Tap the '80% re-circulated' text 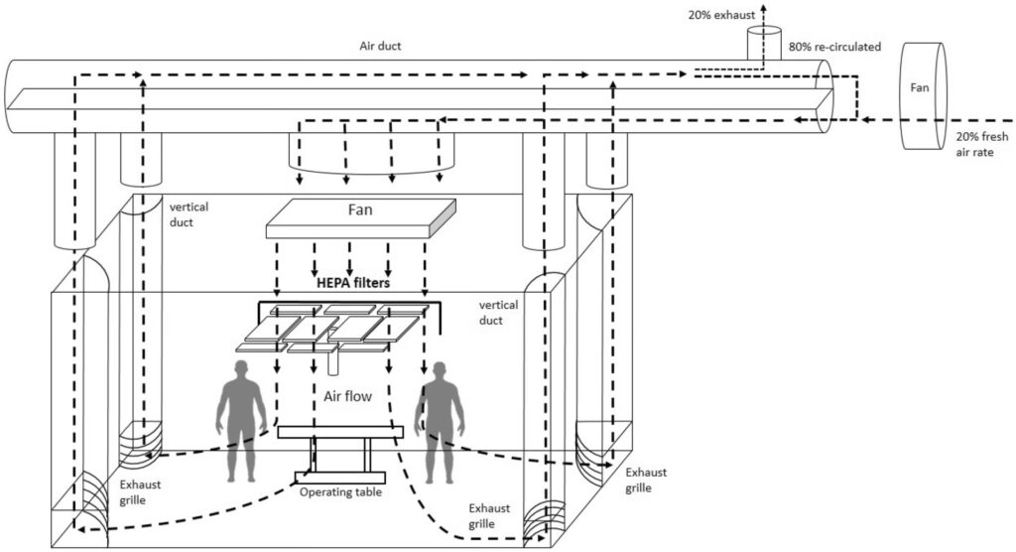tap(834, 46)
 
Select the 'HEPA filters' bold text tap(352, 283)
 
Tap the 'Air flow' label tap(347, 397)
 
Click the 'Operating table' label tap(341, 491)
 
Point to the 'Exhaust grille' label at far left tap(140, 492)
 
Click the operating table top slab tap(339, 433)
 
